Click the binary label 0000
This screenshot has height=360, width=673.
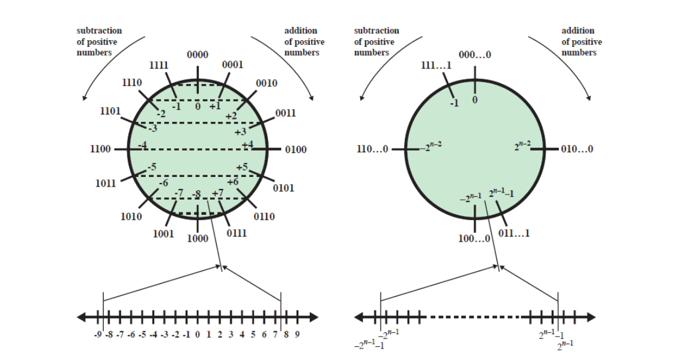198,55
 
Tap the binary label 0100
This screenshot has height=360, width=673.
295,149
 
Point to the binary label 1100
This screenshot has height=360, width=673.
100,149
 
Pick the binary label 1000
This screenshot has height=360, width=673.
198,238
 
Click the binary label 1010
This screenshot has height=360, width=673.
131,217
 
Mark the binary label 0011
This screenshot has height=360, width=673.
285,113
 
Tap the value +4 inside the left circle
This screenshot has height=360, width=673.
247,145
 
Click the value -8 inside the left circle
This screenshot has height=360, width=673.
197,194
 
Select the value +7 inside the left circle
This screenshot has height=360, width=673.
218,193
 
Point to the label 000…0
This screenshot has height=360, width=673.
474,55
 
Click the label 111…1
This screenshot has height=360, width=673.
436,65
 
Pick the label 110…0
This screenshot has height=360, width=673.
373,149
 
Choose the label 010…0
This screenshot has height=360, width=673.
577,149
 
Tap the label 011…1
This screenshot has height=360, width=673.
514,233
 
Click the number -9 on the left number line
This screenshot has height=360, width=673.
97,334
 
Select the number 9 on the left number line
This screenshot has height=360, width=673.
297,334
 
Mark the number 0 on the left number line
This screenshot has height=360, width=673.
198,334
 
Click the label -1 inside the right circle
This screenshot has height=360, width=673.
454,103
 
